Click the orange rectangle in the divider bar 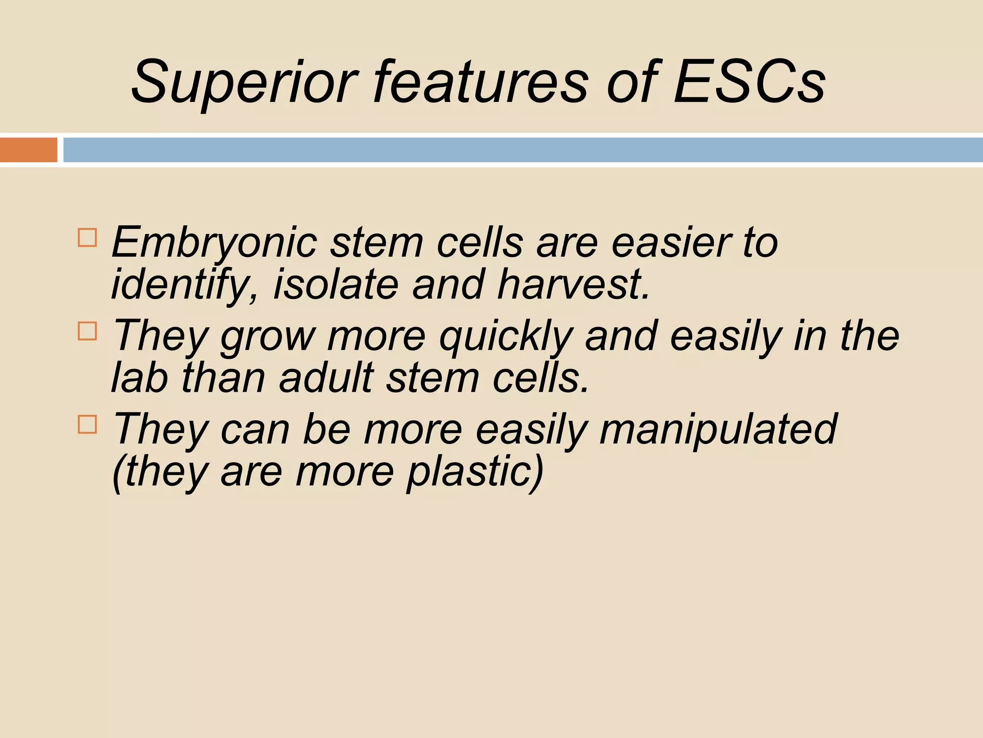28,150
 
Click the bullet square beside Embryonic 87,237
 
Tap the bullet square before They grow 87,331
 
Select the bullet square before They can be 87,424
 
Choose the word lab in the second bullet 140,378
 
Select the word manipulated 718,429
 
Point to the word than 224,378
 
